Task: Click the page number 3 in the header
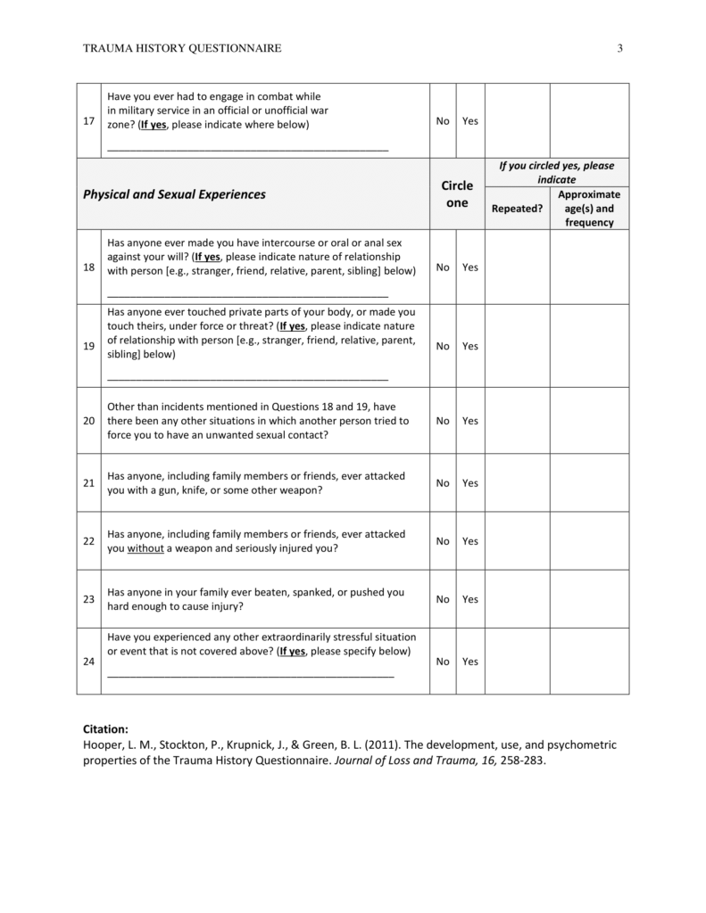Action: pyautogui.click(x=619, y=48)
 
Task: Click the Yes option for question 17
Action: pyautogui.click(x=470, y=121)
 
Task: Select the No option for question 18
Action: pyautogui.click(x=443, y=267)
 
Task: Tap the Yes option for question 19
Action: pyautogui.click(x=470, y=346)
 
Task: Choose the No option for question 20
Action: pyautogui.click(x=443, y=421)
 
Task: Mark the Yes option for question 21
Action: pyautogui.click(x=470, y=483)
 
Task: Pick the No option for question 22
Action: pyautogui.click(x=443, y=541)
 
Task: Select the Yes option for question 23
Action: pyautogui.click(x=470, y=599)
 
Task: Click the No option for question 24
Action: pyautogui.click(x=443, y=662)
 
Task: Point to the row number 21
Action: pyautogui.click(x=88, y=483)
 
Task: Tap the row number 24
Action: pyautogui.click(x=88, y=662)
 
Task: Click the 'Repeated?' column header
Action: pyautogui.click(x=517, y=209)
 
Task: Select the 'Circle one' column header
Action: pyautogui.click(x=457, y=194)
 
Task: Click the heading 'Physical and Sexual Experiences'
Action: pyautogui.click(x=174, y=194)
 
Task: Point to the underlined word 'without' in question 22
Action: pyautogui.click(x=145, y=548)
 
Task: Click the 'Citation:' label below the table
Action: pyautogui.click(x=105, y=728)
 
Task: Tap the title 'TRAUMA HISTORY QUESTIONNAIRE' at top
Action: pyautogui.click(x=182, y=48)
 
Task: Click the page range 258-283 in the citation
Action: pyautogui.click(x=522, y=761)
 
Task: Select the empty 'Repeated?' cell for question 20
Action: pyautogui.click(x=517, y=421)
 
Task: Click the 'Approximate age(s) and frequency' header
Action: pyautogui.click(x=589, y=209)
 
